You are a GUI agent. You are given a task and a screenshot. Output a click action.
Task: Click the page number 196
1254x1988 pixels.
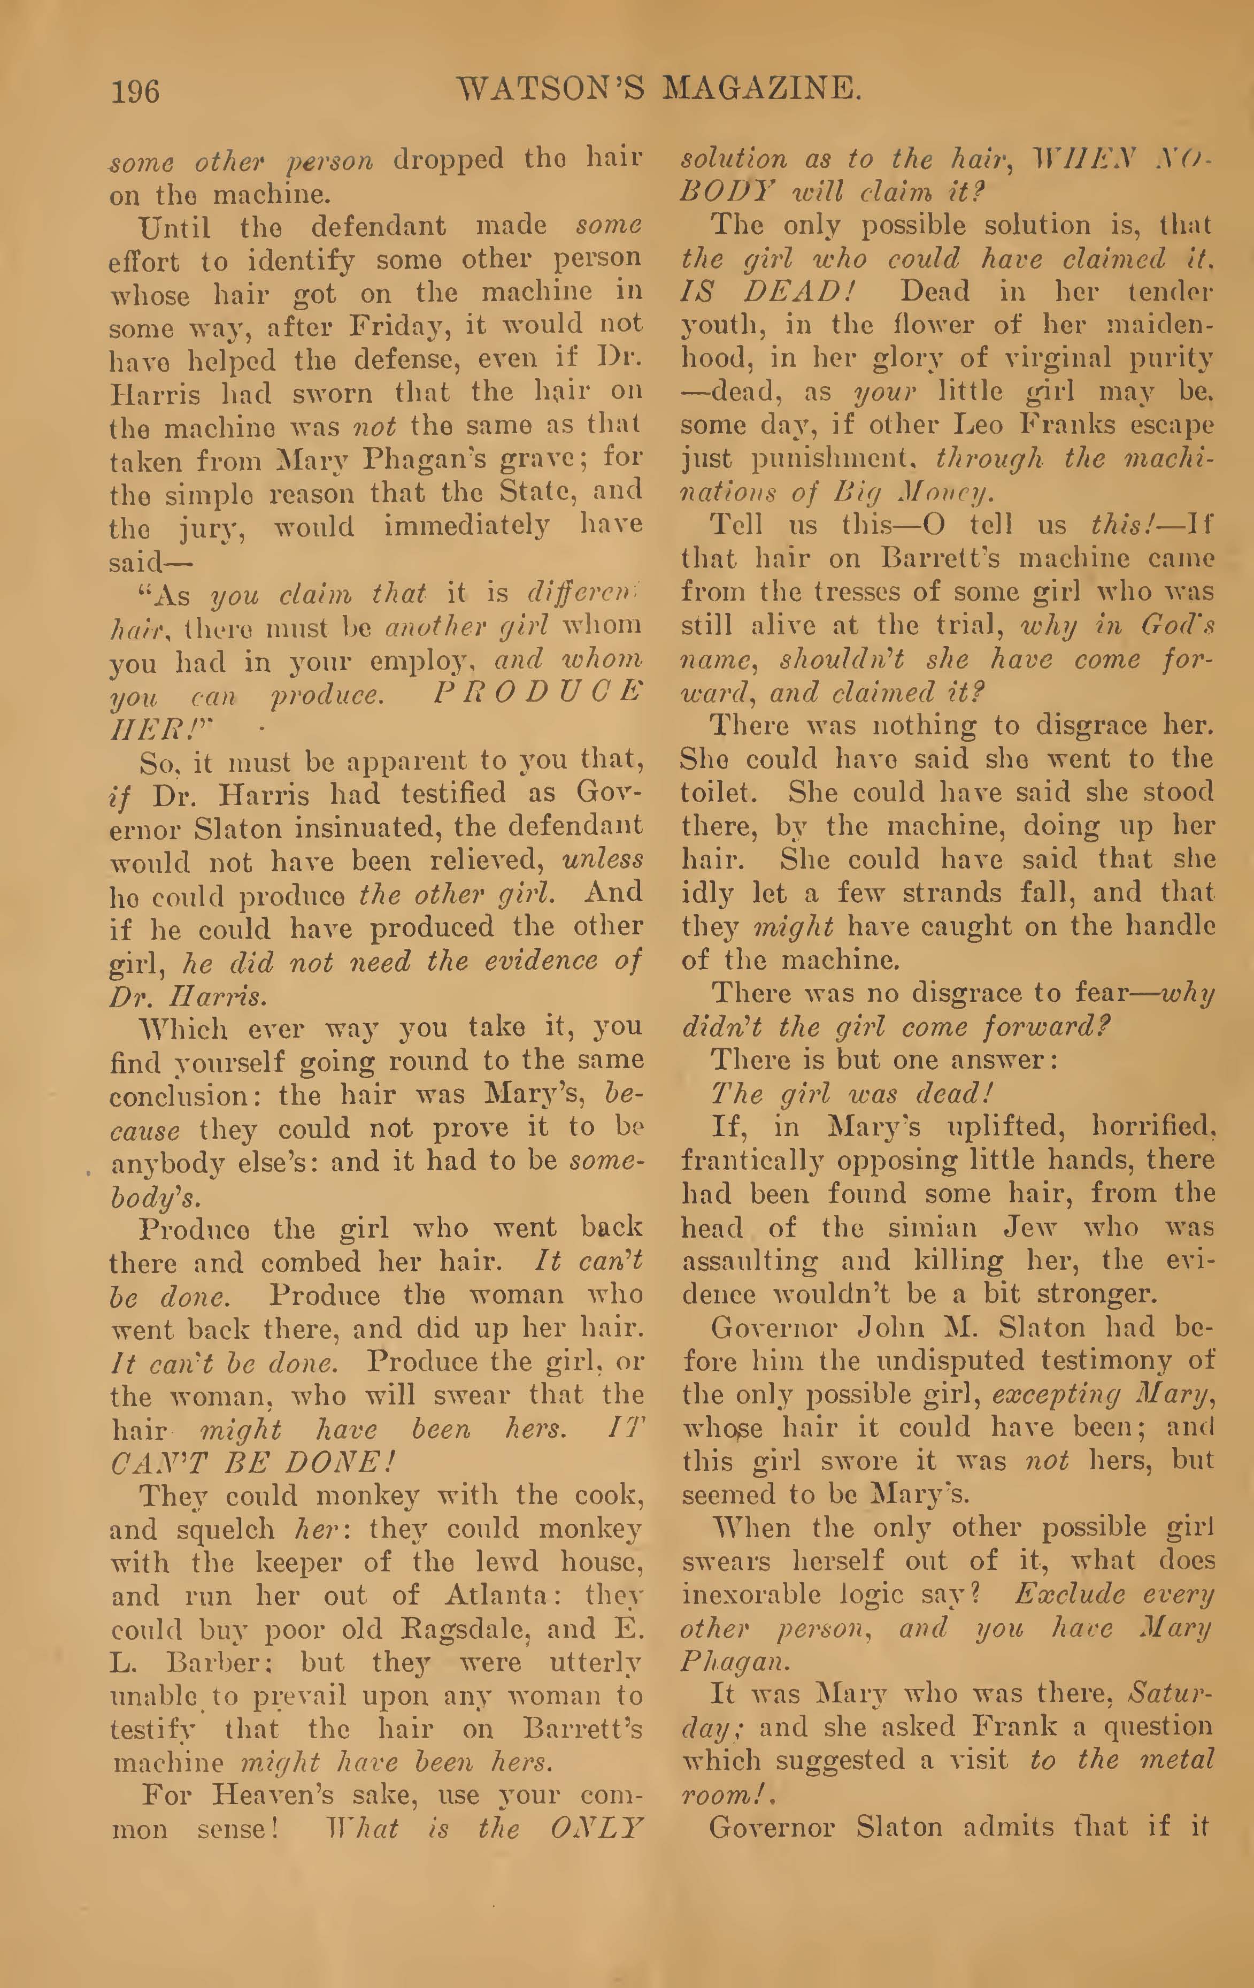point(135,90)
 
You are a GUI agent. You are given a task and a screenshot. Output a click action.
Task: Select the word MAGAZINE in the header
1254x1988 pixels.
point(762,88)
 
